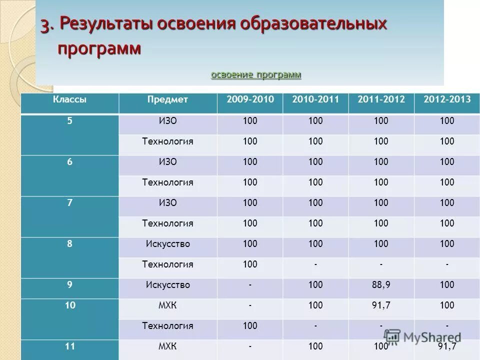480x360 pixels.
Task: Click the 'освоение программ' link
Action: point(256,75)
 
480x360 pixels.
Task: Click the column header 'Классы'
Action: point(70,99)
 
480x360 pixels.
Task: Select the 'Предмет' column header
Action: point(167,99)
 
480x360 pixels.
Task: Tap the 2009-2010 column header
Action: point(250,99)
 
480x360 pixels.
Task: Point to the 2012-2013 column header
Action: point(447,99)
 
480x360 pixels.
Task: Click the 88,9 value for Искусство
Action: point(381,285)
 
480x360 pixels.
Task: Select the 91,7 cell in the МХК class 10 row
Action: point(381,305)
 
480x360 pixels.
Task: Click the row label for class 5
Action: point(70,120)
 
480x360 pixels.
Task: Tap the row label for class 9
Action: point(70,284)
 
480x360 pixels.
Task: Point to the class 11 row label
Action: point(70,345)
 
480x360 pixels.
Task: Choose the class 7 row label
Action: point(70,202)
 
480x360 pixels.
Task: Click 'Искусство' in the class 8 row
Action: point(167,244)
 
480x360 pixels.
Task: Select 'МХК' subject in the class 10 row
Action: point(167,305)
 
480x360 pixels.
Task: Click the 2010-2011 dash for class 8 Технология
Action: point(315,264)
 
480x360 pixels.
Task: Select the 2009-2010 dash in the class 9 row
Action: point(250,285)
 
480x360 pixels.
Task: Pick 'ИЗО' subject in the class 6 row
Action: point(167,162)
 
